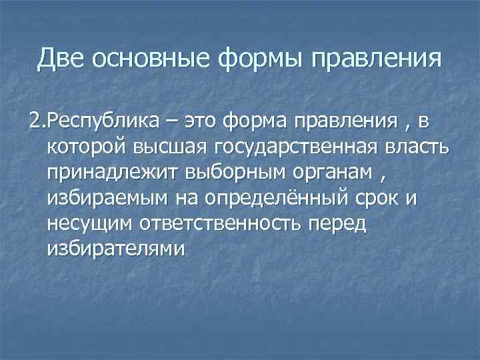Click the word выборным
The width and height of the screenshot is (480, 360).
click(x=218, y=173)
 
